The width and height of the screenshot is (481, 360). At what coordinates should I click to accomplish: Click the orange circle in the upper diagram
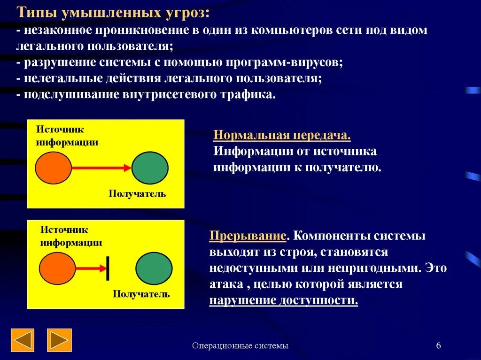pyautogui.click(x=54, y=168)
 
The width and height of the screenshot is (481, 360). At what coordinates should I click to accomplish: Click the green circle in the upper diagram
pyautogui.click(x=150, y=168)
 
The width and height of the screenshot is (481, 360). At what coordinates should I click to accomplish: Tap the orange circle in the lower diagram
pyautogui.click(x=57, y=268)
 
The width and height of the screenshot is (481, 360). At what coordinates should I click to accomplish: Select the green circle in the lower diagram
pyautogui.click(x=154, y=268)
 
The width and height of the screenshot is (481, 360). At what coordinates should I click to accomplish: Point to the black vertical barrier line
pyautogui.click(x=108, y=268)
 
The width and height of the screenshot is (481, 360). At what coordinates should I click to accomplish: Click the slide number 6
pyautogui.click(x=438, y=346)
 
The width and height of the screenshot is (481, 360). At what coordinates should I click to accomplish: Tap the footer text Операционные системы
pyautogui.click(x=240, y=346)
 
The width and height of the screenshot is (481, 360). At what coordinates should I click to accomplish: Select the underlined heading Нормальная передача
pyautogui.click(x=282, y=136)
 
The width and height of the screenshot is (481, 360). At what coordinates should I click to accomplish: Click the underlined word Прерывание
pyautogui.click(x=248, y=236)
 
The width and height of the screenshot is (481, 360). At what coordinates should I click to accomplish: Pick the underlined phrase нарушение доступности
pyautogui.click(x=283, y=300)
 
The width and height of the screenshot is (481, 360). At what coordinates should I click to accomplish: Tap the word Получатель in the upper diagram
pyautogui.click(x=137, y=193)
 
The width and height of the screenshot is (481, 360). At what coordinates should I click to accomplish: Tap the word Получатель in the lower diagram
pyautogui.click(x=141, y=294)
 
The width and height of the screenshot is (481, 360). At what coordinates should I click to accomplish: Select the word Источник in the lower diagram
pyautogui.click(x=64, y=230)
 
